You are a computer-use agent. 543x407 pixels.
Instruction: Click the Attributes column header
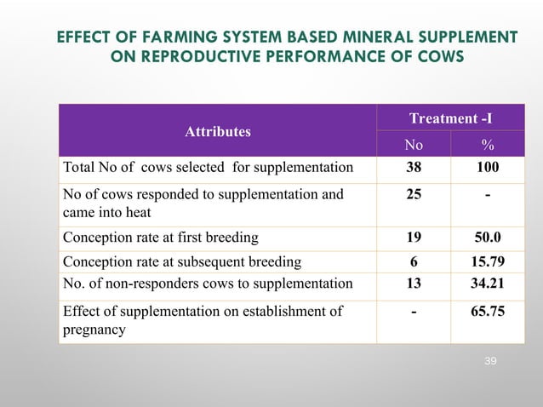[218, 132]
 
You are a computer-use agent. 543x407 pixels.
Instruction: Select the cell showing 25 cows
[414, 195]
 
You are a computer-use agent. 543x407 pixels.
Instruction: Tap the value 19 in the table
[414, 238]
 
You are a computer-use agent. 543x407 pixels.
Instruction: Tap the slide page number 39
[489, 363]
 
